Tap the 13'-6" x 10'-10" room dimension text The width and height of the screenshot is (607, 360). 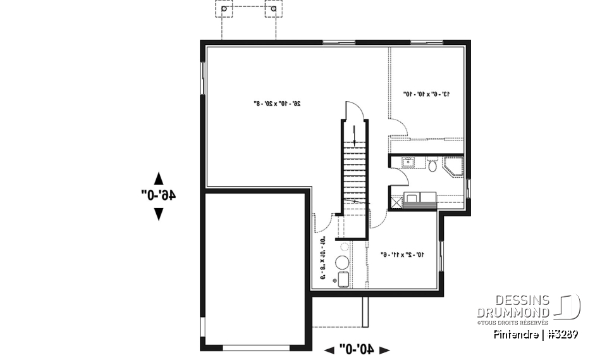point(426,94)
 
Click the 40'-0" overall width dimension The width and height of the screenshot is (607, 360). point(357,349)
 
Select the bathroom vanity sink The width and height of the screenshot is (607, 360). point(408,163)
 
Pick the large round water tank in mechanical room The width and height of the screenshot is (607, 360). point(342,263)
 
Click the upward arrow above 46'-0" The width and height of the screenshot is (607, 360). point(158,178)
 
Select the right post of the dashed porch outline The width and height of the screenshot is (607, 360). point(273,9)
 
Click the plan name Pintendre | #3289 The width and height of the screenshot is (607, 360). point(536,334)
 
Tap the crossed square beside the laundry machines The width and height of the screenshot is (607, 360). point(397,203)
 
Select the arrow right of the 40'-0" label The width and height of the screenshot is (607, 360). point(384,349)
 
